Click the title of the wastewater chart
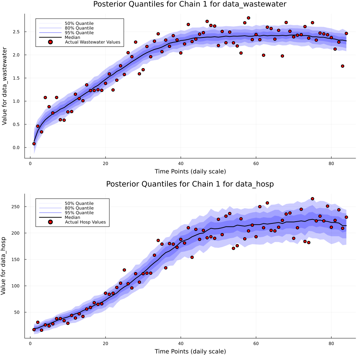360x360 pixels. tap(190, 4)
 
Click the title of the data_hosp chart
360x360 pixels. tap(190, 184)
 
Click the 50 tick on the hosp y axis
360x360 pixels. tap(18, 312)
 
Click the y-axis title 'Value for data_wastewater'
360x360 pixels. tap(5, 86)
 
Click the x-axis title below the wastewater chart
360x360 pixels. tap(190, 171)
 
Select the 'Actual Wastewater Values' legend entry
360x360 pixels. tap(92, 42)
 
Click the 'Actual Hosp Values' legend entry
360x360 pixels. tap(85, 222)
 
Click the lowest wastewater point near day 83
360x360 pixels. tap(342, 66)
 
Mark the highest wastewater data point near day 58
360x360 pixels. tap(248, 18)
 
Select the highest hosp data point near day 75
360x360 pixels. tap(312, 199)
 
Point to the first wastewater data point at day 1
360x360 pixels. tap(34, 143)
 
